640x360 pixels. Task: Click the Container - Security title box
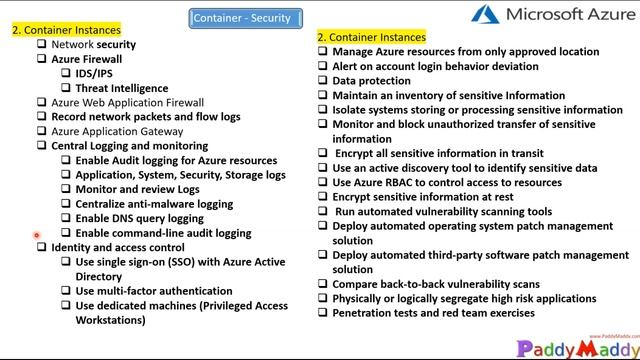pyautogui.click(x=241, y=17)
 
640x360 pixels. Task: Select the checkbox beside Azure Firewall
pyautogui.click(x=42, y=59)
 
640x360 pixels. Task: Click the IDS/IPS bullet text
pyautogui.click(x=95, y=73)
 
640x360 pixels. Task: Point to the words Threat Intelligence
pyautogui.click(x=121, y=88)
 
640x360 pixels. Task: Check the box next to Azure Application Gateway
pyautogui.click(x=42, y=131)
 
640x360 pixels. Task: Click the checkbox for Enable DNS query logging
pyautogui.click(x=66, y=218)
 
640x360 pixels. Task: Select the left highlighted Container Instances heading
pyautogui.click(x=66, y=30)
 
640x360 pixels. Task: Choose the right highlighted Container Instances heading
pyautogui.click(x=371, y=37)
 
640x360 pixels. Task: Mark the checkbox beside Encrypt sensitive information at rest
pyautogui.click(x=323, y=198)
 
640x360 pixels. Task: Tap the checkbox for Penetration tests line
pyautogui.click(x=323, y=313)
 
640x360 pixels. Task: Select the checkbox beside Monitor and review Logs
pyautogui.click(x=66, y=189)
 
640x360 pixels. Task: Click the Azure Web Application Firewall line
pyautogui.click(x=127, y=102)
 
